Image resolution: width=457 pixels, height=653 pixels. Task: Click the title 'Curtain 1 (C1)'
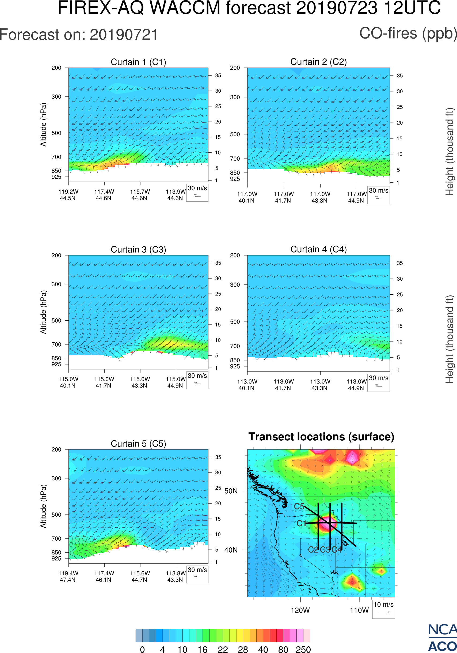point(138,62)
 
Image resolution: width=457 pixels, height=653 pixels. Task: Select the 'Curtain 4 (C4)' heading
point(318,249)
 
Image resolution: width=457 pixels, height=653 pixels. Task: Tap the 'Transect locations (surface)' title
point(321,437)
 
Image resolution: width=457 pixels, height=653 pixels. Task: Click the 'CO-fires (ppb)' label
point(408,33)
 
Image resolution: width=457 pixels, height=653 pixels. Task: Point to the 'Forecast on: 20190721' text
point(79,35)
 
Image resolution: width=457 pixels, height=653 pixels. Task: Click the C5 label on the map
point(299,506)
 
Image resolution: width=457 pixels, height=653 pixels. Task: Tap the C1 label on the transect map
point(301,523)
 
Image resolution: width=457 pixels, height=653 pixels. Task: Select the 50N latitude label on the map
point(231,491)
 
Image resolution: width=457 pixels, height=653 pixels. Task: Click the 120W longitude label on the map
point(300,610)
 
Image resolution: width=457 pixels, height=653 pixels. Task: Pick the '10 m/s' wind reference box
point(383,609)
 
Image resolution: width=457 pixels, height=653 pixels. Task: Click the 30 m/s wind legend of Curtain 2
point(378,195)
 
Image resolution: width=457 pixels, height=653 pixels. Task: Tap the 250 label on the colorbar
point(303,649)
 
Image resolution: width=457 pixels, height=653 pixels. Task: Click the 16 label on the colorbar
point(203,649)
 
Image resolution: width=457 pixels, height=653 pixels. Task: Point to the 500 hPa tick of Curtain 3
point(56,321)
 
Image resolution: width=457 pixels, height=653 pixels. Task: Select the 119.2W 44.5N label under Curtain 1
point(68,195)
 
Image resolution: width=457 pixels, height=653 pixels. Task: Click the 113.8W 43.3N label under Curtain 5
point(176,576)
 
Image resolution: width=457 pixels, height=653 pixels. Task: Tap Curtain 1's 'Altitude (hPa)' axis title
point(43,125)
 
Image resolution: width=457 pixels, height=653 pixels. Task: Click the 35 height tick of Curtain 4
point(400,263)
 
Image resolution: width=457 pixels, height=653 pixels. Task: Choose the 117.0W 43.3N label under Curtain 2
point(320,197)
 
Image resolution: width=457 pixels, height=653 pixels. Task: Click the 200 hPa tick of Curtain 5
point(56,449)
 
